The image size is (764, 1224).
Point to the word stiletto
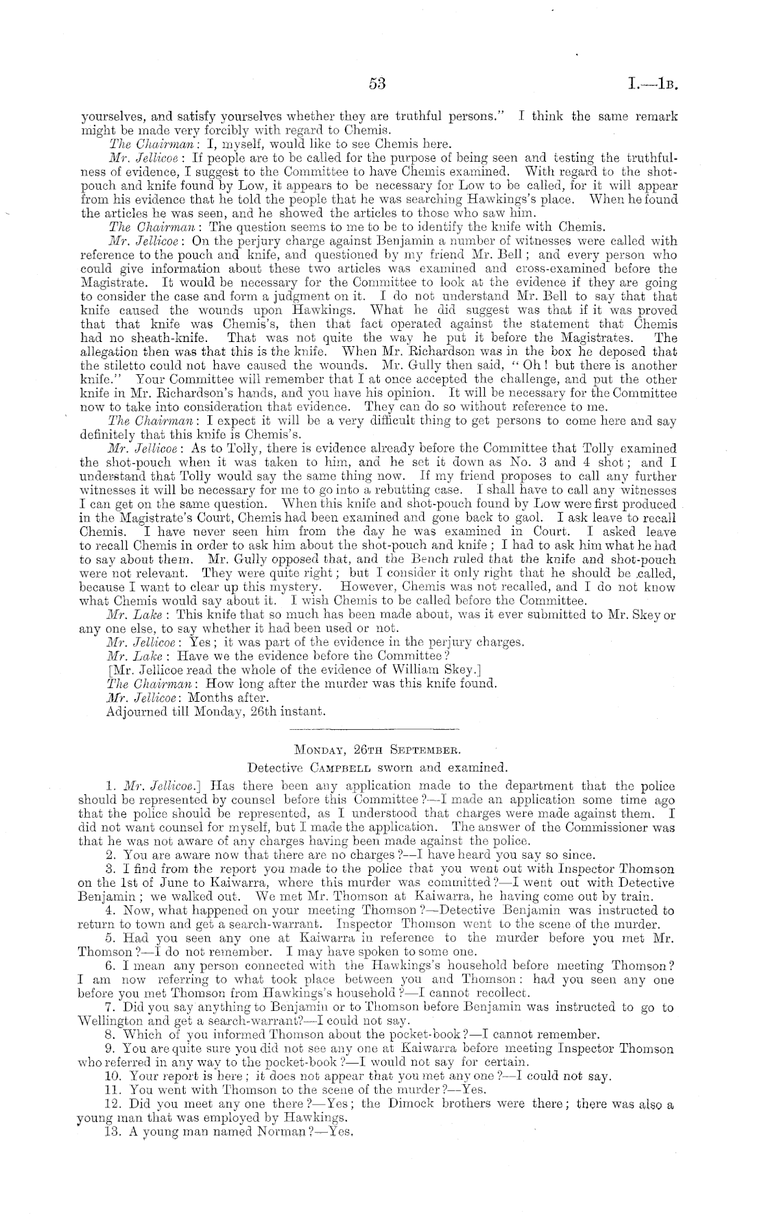(x=123, y=365)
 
